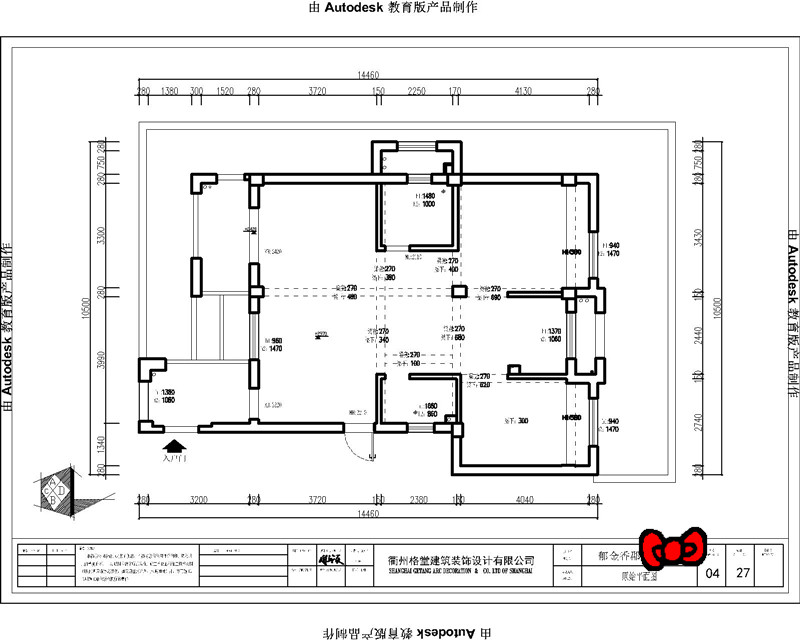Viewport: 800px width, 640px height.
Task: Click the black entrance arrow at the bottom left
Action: click(x=174, y=448)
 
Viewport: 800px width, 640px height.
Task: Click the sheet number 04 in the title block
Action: click(x=712, y=574)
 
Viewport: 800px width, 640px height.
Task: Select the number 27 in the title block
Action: click(x=742, y=574)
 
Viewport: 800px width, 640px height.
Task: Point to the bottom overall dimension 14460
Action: click(x=369, y=514)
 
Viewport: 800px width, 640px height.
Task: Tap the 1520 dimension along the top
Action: click(x=225, y=91)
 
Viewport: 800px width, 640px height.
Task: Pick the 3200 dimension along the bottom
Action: click(x=198, y=499)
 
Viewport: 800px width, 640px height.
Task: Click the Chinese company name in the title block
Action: click(x=460, y=561)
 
